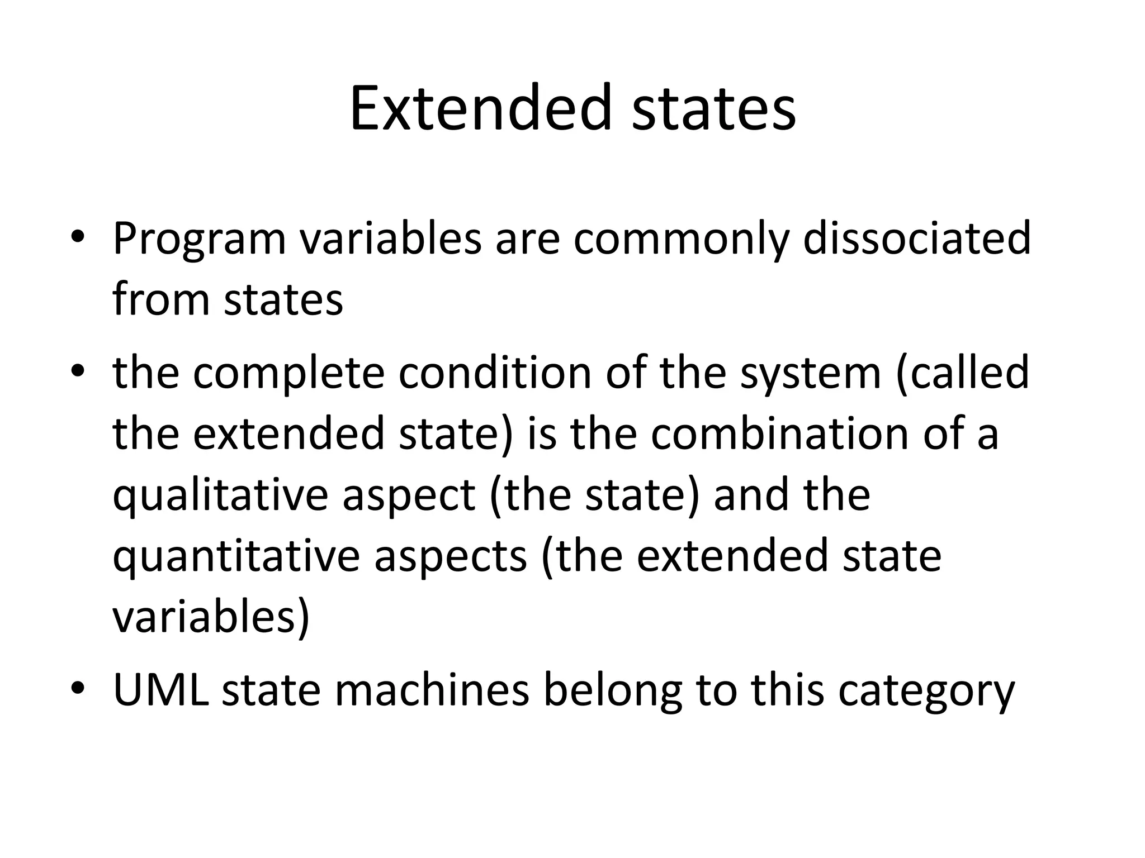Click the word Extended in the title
tap(481, 108)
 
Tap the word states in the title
tap(713, 108)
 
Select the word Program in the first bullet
tap(199, 239)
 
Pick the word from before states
tap(160, 299)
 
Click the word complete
tap(288, 373)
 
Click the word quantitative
tap(235, 556)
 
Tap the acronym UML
tap(161, 690)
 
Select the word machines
tap(432, 690)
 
